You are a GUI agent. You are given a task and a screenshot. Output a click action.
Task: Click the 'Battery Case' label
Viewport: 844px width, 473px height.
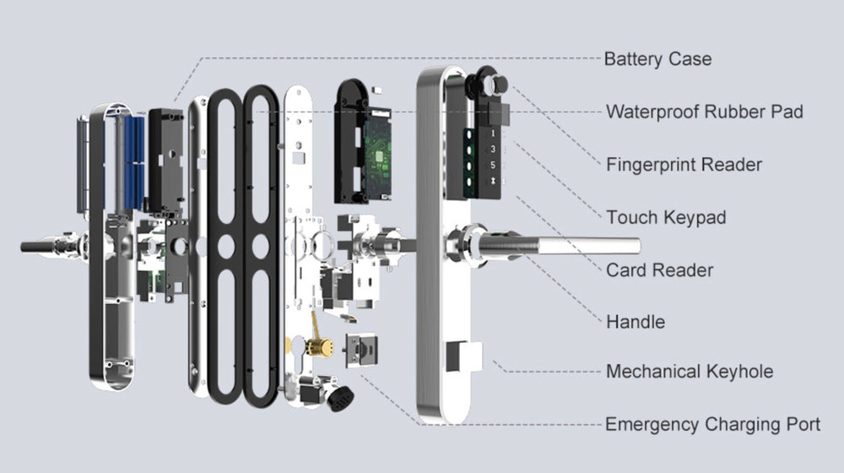coord(657,59)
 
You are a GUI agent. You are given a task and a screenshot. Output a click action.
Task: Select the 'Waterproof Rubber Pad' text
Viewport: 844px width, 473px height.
coord(704,111)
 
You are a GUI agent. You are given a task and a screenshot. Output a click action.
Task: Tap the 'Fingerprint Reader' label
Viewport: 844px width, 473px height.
coord(684,164)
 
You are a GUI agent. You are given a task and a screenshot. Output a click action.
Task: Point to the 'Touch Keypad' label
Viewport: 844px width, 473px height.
coord(666,217)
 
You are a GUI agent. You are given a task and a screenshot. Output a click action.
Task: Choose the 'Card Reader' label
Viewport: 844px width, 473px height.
coord(659,270)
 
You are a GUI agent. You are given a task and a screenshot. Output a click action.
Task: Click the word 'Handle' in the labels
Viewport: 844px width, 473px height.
coord(636,322)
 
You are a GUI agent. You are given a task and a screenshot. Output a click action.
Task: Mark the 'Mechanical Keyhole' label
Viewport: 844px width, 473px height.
coord(689,372)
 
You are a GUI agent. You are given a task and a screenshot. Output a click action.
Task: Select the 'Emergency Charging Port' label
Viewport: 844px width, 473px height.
coord(712,424)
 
